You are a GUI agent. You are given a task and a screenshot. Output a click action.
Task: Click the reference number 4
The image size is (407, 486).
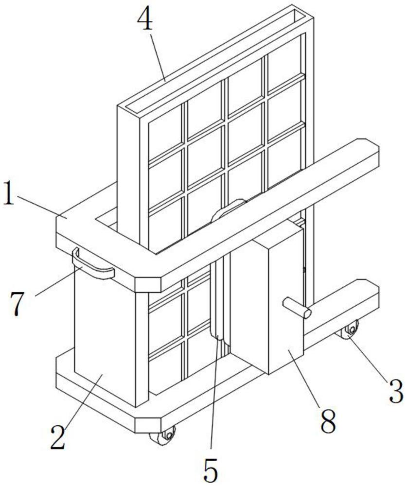tap(145, 19)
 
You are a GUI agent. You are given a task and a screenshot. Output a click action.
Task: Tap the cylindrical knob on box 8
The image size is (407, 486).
tap(295, 308)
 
